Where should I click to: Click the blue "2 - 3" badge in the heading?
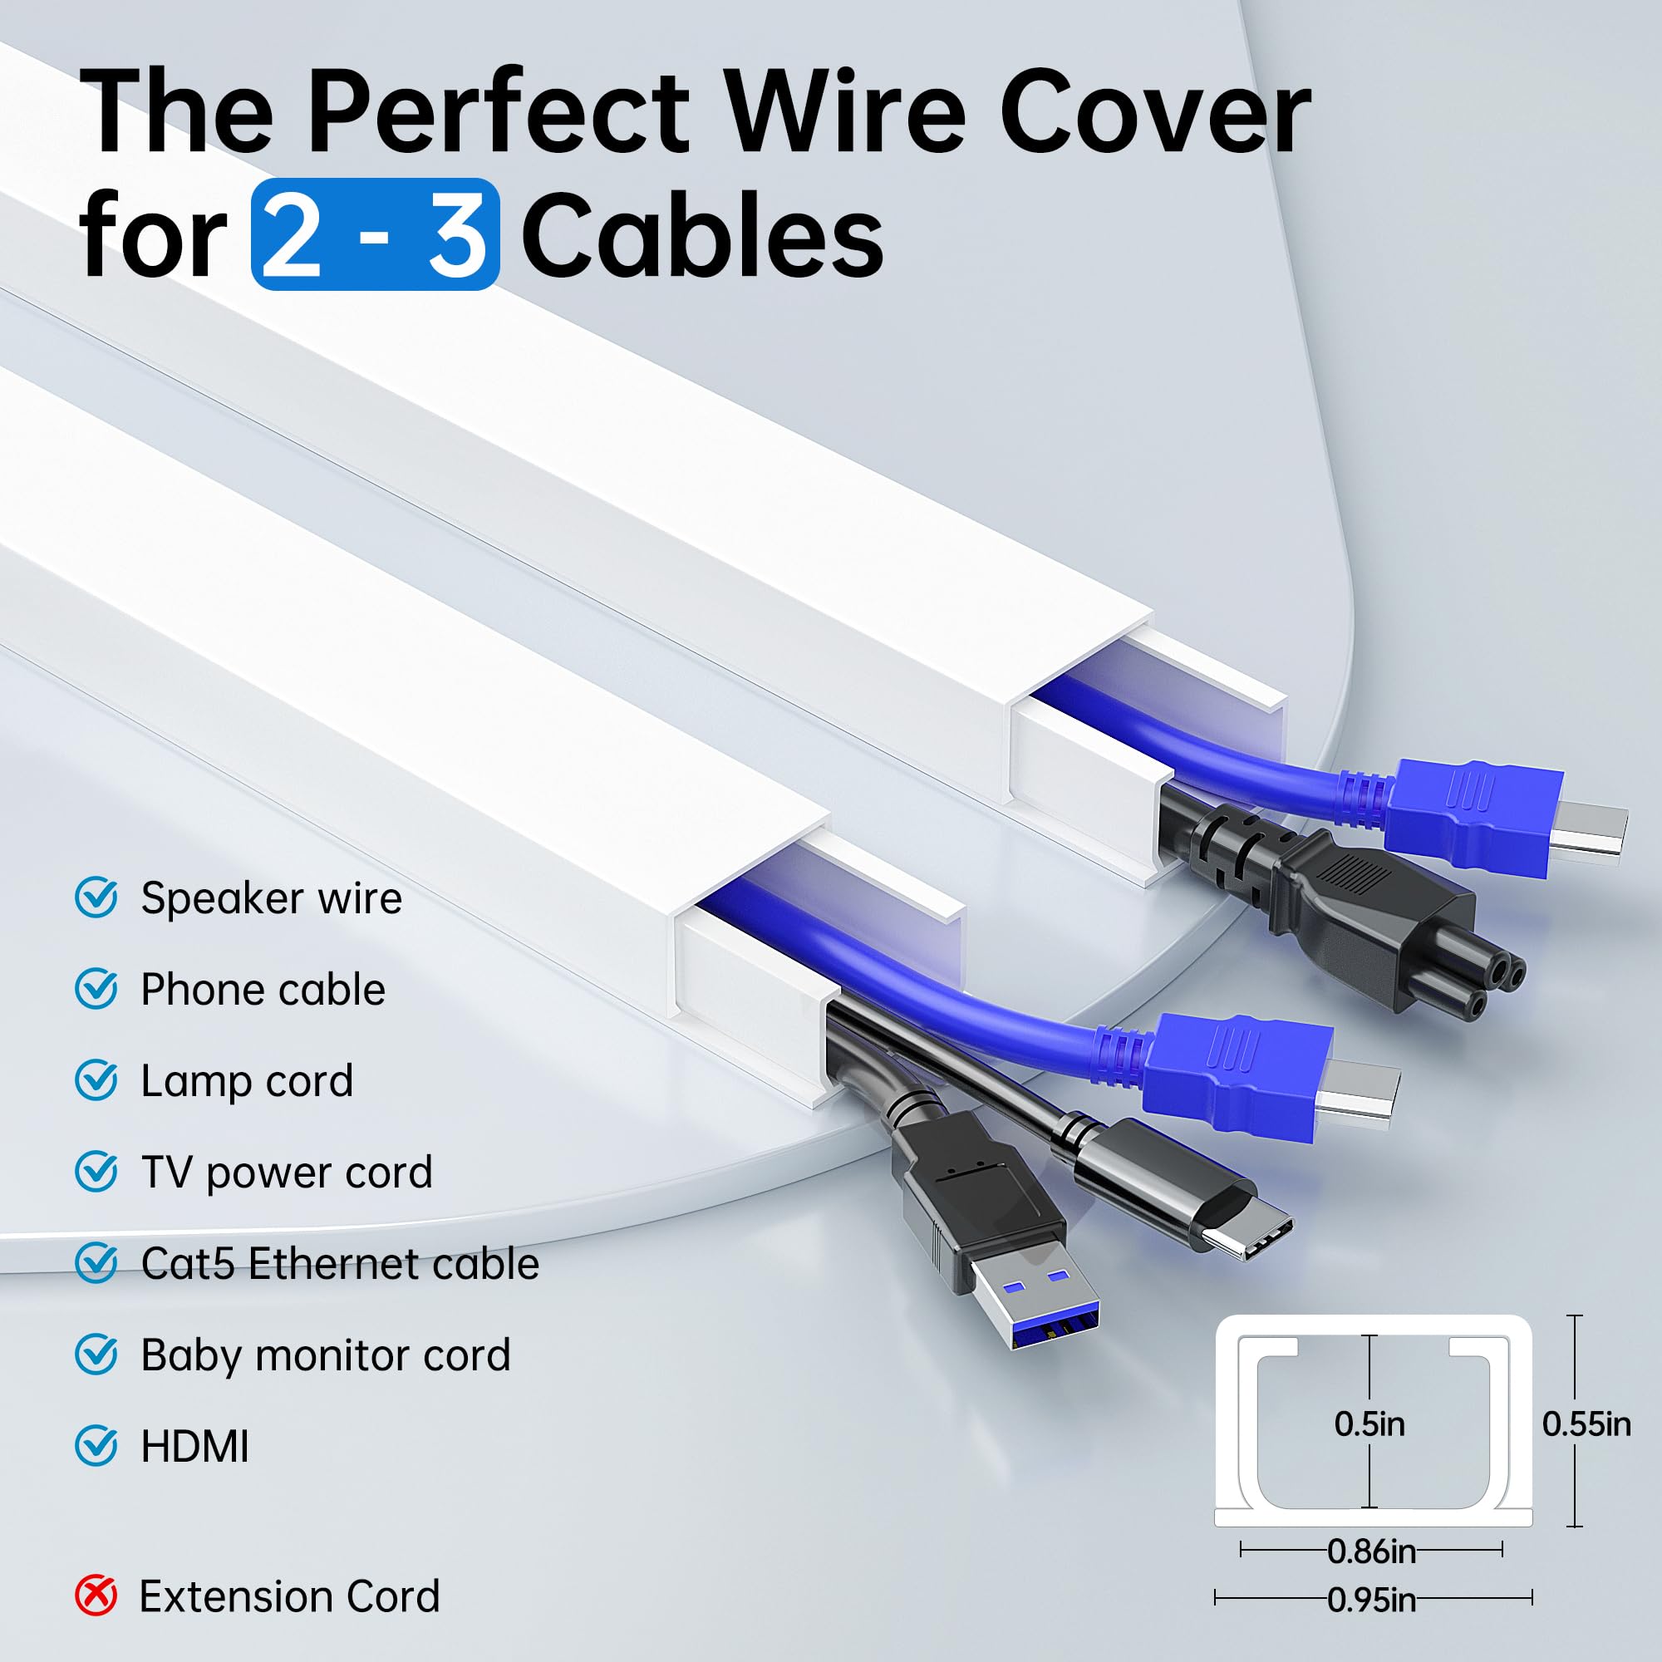[375, 234]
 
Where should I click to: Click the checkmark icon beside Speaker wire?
[96, 898]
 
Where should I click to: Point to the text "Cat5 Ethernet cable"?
[340, 1264]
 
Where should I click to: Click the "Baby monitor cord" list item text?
[325, 1355]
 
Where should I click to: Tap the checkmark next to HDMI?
[96, 1446]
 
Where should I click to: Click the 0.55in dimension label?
[1586, 1424]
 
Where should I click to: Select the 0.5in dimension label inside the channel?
[1369, 1424]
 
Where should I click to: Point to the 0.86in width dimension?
[1371, 1551]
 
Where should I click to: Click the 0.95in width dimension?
[1371, 1599]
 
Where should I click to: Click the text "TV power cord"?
[287, 1173]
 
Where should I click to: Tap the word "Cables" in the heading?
[702, 234]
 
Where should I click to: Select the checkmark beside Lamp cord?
[96, 1080]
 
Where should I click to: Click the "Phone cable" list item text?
[263, 989]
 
